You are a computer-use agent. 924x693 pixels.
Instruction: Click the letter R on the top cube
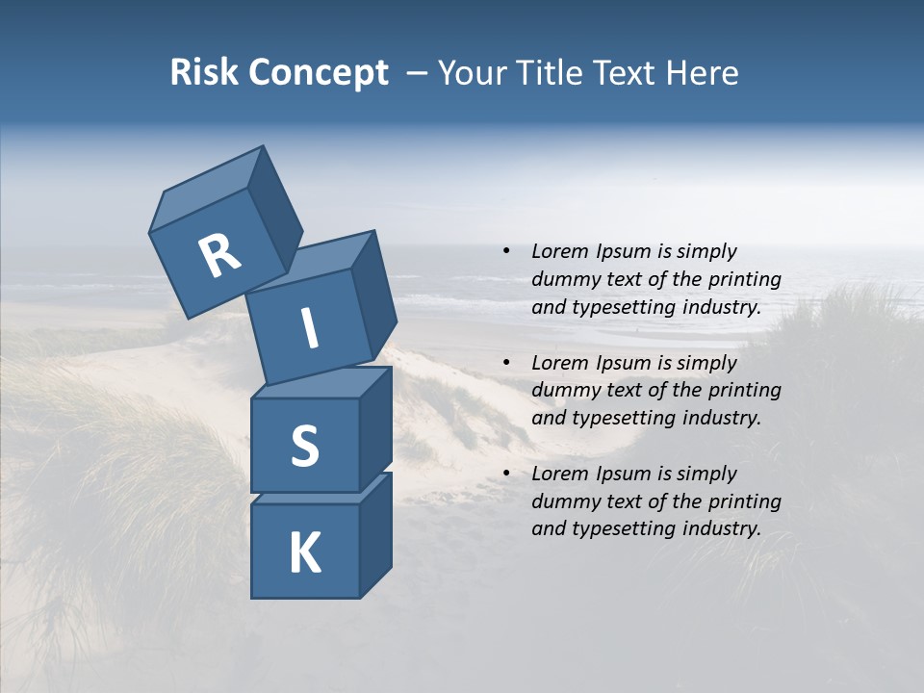219,256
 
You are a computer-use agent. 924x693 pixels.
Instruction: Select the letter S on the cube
304,446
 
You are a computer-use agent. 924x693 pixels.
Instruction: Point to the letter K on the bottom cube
304,553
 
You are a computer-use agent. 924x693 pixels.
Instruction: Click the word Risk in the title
205,72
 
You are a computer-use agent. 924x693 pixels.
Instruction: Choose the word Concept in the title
319,72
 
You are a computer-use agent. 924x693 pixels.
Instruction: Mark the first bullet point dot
506,252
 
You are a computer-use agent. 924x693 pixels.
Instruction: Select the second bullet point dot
506,364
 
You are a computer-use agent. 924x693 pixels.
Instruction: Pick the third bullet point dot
506,475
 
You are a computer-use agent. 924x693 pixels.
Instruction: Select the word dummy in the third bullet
563,501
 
